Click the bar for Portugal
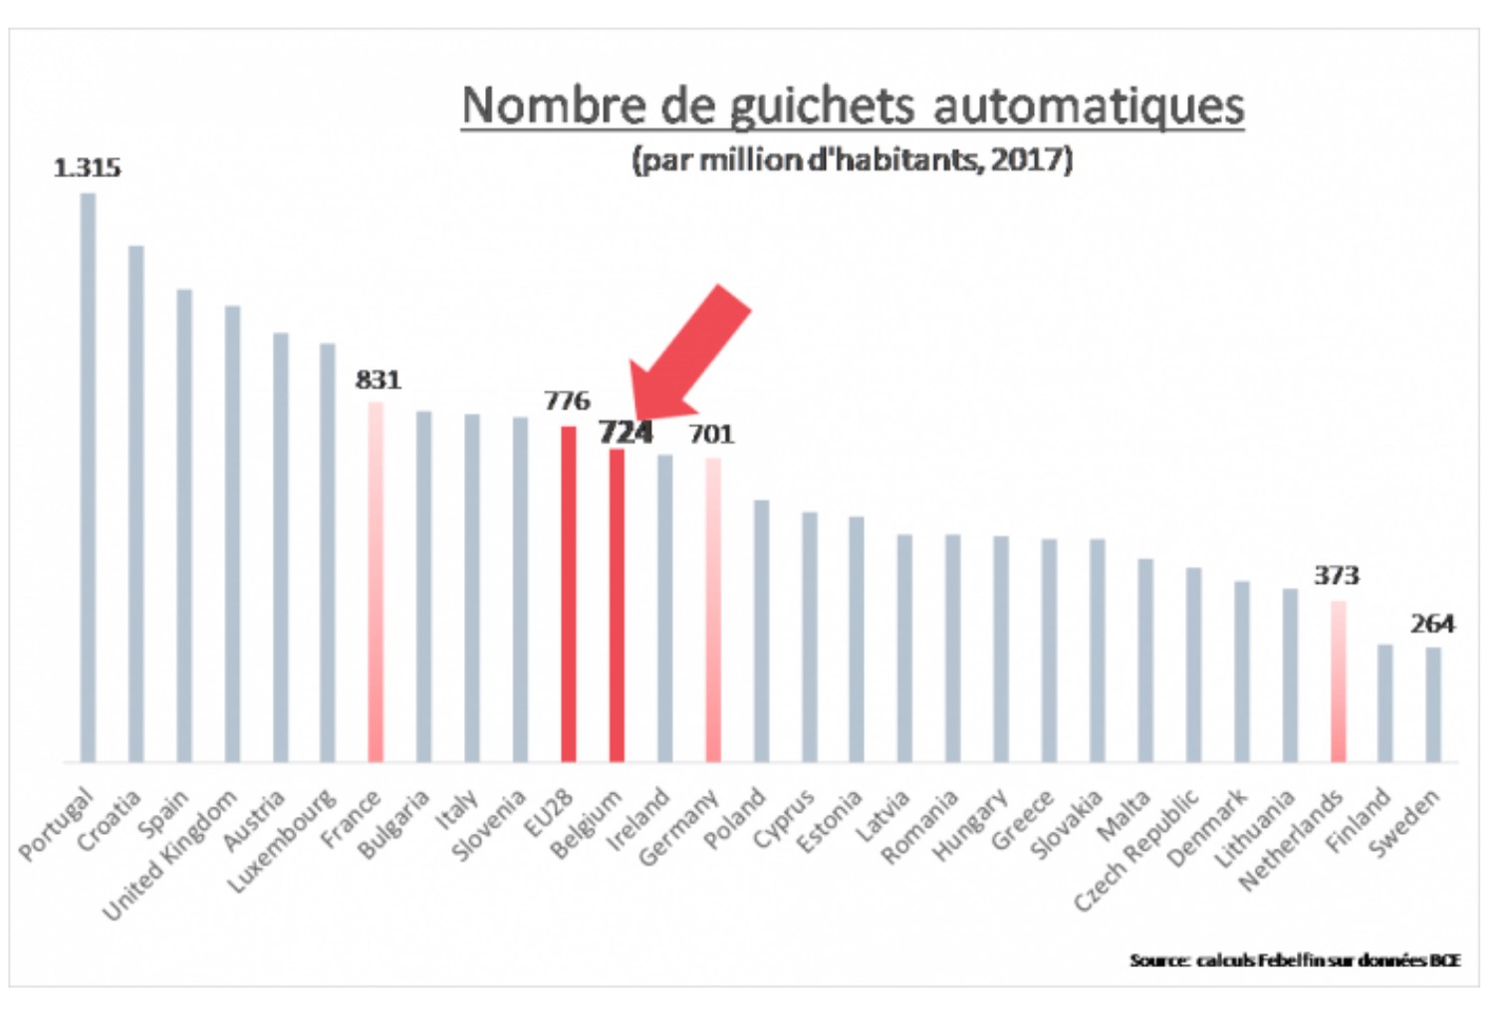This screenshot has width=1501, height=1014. (x=88, y=478)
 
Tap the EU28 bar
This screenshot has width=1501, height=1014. (x=568, y=595)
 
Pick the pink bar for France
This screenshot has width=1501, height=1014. (x=375, y=583)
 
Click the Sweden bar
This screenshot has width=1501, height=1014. (x=1432, y=705)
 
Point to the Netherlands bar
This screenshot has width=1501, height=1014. (x=1338, y=682)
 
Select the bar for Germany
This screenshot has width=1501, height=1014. (x=713, y=611)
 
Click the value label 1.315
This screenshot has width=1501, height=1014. (x=87, y=168)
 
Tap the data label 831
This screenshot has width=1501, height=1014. (x=377, y=380)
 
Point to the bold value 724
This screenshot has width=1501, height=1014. (x=625, y=432)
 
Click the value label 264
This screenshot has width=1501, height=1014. (x=1431, y=624)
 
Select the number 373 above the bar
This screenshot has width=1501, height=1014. (x=1336, y=576)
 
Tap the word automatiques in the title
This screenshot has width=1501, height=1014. (x=1088, y=106)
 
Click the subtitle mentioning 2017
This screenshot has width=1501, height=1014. (x=853, y=159)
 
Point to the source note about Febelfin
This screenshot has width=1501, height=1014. (x=1294, y=960)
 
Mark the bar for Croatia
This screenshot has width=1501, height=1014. (x=136, y=504)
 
